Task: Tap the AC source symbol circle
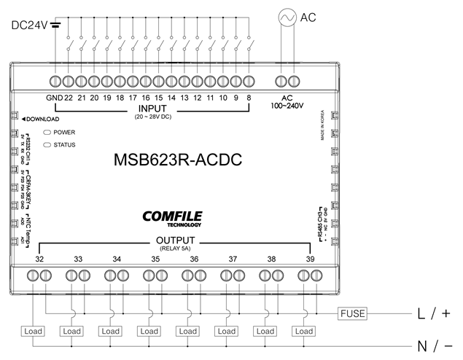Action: (287, 16)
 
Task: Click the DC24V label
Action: (29, 25)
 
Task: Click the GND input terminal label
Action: (54, 98)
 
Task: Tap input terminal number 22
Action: (68, 98)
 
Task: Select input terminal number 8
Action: (249, 98)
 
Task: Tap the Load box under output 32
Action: (34, 331)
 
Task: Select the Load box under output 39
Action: (303, 331)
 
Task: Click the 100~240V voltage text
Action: (286, 106)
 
